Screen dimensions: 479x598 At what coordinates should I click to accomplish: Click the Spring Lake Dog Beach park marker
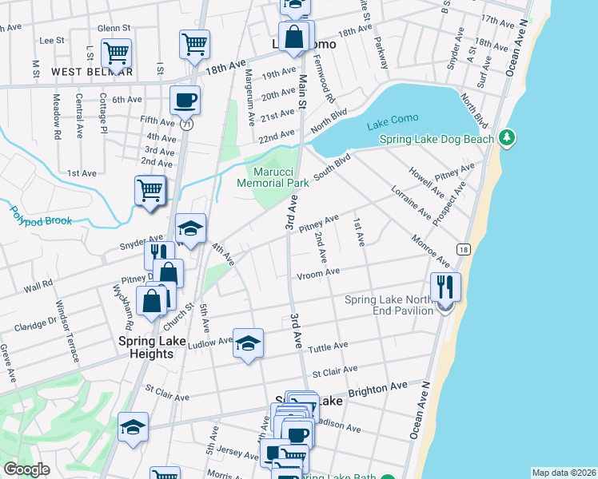[505, 140]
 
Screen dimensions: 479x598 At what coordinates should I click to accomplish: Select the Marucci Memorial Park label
[273, 177]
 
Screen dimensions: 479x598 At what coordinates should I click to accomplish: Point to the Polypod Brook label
[41, 216]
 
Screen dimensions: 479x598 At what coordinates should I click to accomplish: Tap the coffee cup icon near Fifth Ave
[185, 100]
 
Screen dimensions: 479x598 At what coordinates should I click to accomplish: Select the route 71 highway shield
[186, 124]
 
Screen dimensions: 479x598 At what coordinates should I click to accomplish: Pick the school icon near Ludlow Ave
[248, 343]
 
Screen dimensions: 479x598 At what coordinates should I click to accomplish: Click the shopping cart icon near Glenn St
[117, 53]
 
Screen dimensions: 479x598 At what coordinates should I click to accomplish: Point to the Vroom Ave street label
[318, 273]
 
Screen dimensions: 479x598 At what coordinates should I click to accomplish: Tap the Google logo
[26, 469]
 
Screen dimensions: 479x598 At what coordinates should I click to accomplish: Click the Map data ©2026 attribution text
[564, 473]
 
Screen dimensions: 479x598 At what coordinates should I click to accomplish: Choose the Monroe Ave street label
[430, 251]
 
